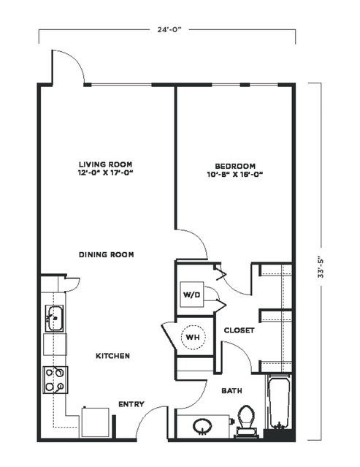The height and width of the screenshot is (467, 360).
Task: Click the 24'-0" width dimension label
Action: click(x=169, y=29)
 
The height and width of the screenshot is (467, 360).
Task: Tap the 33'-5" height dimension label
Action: click(x=321, y=267)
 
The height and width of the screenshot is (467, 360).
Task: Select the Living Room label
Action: click(x=106, y=164)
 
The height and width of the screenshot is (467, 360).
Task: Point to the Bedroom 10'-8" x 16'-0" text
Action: click(x=235, y=170)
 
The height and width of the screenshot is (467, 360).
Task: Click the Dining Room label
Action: click(x=106, y=254)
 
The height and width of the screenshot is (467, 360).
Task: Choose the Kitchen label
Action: click(x=112, y=356)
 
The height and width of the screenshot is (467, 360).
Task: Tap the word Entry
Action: click(x=131, y=404)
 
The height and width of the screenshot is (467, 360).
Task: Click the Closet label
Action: click(x=240, y=330)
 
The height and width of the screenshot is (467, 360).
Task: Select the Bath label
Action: click(x=231, y=391)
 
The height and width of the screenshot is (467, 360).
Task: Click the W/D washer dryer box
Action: click(x=192, y=295)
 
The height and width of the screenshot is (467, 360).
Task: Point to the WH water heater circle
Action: click(x=193, y=337)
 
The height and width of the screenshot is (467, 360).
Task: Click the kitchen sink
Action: click(x=55, y=318)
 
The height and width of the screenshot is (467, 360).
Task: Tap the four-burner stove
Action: click(x=55, y=380)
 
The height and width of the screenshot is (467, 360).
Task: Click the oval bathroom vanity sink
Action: click(x=202, y=427)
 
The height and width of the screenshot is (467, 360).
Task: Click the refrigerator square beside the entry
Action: click(x=95, y=422)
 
